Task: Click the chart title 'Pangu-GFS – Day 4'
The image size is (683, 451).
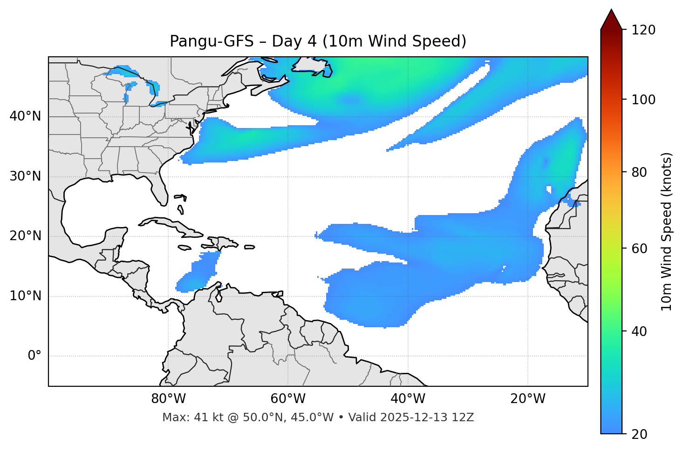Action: click(x=318, y=41)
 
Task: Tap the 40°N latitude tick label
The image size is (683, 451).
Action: click(x=25, y=116)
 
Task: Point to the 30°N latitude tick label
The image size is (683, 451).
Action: click(x=25, y=176)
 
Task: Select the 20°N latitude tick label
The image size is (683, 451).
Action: click(x=25, y=236)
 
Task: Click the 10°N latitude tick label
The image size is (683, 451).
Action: click(x=25, y=296)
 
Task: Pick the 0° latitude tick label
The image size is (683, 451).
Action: click(x=34, y=356)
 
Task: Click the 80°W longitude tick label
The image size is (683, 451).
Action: click(x=168, y=399)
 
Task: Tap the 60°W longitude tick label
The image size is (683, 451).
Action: click(x=288, y=399)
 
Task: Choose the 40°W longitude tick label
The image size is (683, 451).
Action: click(x=408, y=399)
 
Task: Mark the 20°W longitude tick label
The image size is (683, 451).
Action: click(x=528, y=399)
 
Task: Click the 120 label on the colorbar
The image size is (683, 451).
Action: click(x=643, y=30)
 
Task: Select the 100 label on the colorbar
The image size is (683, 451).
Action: click(x=643, y=100)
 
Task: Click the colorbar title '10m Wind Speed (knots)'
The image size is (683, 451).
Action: click(x=667, y=231)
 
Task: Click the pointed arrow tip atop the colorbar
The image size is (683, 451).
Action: click(x=611, y=10)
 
